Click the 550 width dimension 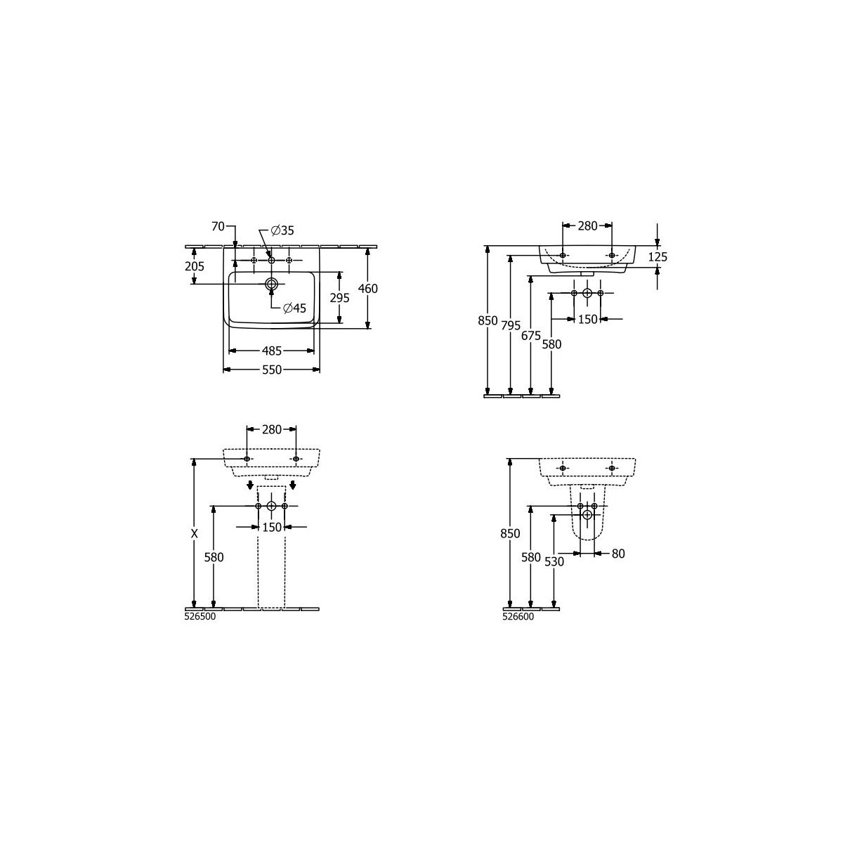pos(272,370)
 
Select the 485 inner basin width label pos(272,351)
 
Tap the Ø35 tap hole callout pos(282,230)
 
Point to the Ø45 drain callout pos(294,308)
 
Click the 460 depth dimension pos(368,289)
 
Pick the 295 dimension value pos(340,298)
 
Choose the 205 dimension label pos(195,266)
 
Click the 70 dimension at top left pos(218,226)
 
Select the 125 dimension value pos(658,257)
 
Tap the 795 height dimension pos(511,325)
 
